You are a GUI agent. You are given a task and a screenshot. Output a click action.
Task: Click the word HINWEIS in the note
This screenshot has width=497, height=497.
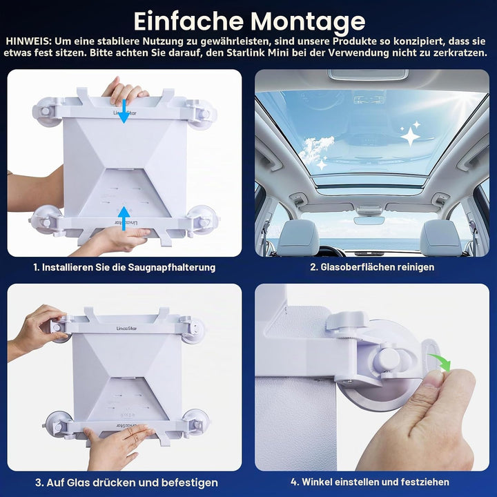tap(28, 41)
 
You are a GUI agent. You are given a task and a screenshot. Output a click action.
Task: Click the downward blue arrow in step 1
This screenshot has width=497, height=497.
tap(124, 111)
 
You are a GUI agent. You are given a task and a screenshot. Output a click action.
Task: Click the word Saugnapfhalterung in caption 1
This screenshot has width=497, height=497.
tap(171, 267)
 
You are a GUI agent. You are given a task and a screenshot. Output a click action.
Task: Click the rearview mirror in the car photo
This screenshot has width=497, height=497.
tap(369, 220)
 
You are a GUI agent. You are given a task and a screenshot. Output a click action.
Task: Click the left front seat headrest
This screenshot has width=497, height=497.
tap(300, 234)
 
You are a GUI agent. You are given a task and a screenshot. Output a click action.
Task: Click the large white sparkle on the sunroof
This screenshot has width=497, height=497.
tap(410, 137)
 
